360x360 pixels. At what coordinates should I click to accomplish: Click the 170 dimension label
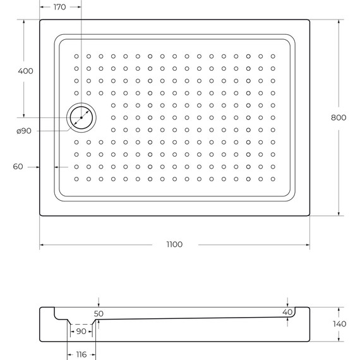coord(59,7)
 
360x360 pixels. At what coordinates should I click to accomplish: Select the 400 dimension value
coord(26,71)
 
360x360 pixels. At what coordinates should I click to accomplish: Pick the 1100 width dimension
coord(174,244)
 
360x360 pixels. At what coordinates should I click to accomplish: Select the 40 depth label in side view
coord(287,312)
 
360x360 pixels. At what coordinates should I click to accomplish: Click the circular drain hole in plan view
coord(81,117)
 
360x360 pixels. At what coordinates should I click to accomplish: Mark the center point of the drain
coord(81,117)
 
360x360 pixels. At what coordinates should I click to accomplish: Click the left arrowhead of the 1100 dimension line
coord(42,244)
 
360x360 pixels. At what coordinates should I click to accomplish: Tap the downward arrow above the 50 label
coord(98,306)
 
